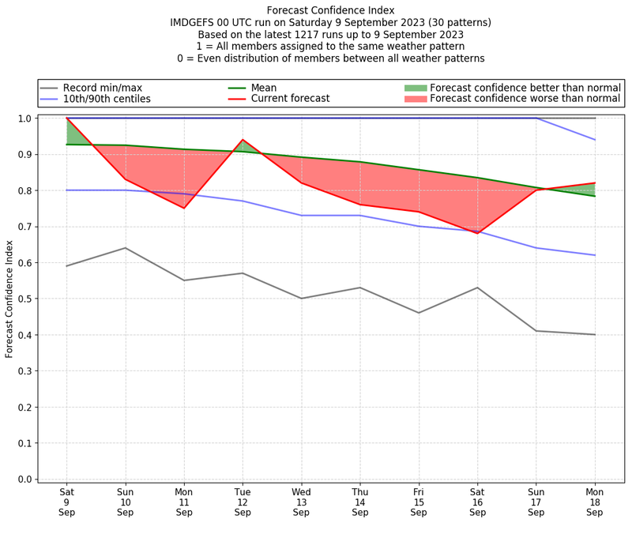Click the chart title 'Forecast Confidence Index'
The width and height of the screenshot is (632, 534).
coord(330,10)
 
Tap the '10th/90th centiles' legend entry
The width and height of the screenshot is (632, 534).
coord(107,99)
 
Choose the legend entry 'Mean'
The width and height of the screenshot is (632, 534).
coord(265,88)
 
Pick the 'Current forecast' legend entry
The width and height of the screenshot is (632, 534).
coord(290,99)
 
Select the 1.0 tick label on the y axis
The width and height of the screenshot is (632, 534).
coord(24,118)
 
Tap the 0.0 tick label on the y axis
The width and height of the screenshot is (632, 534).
coord(24,479)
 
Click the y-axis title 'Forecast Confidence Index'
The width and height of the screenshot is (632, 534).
coord(9,299)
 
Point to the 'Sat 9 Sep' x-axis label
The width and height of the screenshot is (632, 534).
coord(66,501)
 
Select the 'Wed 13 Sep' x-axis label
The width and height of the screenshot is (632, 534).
coord(301,501)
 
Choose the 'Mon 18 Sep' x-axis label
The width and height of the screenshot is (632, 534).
coord(595,501)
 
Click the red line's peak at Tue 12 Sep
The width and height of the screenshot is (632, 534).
coord(243,140)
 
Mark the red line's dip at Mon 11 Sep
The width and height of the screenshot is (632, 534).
coord(184,208)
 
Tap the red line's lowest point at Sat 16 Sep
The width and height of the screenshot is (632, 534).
coord(477,233)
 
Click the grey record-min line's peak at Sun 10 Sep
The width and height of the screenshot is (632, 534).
coord(125,248)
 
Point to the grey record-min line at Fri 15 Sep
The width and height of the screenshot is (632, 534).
coord(419,313)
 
